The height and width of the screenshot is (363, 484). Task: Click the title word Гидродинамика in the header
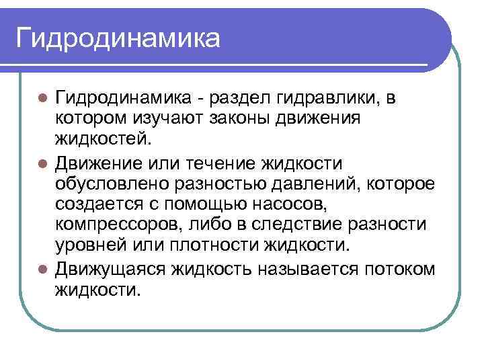[118, 37]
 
